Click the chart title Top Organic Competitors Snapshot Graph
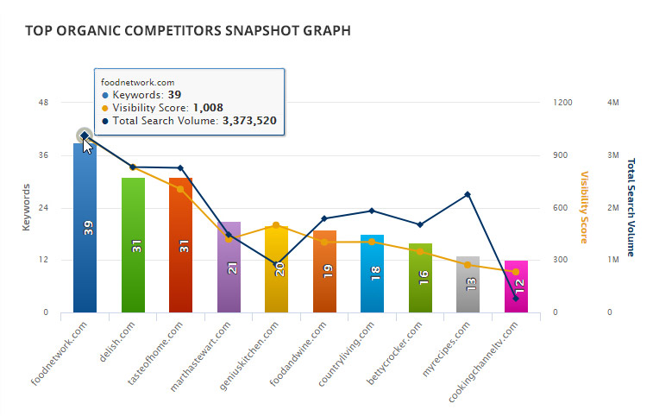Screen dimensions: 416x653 [x=187, y=31]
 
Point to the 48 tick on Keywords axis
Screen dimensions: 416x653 [x=44, y=103]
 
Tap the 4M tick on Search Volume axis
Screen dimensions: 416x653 [x=614, y=103]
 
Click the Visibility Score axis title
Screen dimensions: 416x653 [x=584, y=207]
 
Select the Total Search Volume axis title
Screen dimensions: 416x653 [x=631, y=207]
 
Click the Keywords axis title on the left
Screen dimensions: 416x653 [x=26, y=207]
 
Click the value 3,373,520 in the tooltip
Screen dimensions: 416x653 [x=249, y=121]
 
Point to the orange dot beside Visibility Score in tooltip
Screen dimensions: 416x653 [x=105, y=108]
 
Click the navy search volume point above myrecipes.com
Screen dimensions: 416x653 [x=468, y=195]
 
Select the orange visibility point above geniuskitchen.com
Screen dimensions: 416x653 [x=276, y=225]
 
